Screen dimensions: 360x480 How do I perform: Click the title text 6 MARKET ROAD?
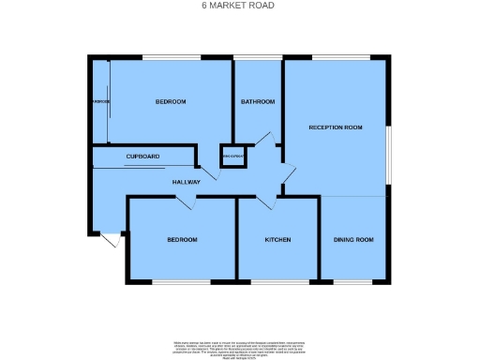[x=239, y=5]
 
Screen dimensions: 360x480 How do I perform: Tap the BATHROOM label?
[x=257, y=101]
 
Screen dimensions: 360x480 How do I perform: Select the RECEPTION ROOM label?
[x=336, y=127]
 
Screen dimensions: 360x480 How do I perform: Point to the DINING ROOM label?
[x=353, y=240]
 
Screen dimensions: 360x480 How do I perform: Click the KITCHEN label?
[x=277, y=240]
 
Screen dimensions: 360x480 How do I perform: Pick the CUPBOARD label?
[x=142, y=156]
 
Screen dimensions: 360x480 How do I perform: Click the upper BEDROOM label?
[x=171, y=101]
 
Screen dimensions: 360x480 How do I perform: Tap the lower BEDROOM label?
[x=182, y=240]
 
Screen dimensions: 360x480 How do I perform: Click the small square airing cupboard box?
[x=232, y=156]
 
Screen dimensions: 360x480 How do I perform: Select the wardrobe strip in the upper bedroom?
[x=100, y=101]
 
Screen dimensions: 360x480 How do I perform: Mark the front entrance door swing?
[x=110, y=241]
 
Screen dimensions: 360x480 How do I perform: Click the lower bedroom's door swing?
[x=185, y=202]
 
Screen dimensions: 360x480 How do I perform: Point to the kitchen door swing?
[x=265, y=202]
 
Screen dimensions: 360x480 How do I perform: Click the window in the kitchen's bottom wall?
[x=277, y=281]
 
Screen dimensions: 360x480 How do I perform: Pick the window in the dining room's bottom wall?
[x=352, y=281]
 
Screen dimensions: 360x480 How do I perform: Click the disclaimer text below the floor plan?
[x=239, y=346]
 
